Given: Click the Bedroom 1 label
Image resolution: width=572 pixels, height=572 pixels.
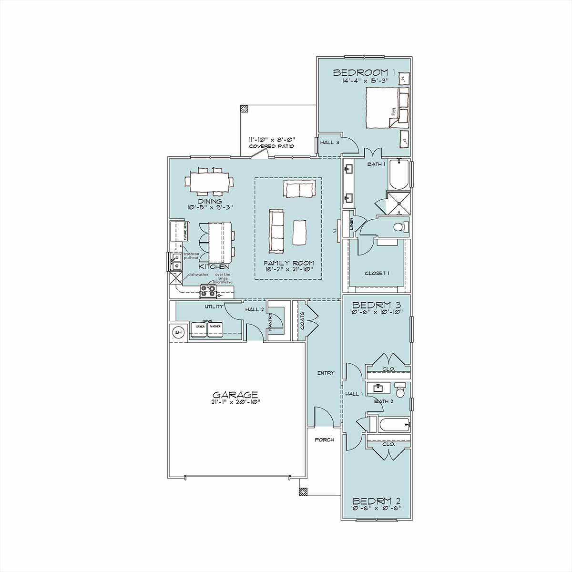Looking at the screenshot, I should tap(365, 72).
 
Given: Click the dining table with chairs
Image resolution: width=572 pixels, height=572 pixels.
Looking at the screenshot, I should tap(210, 181).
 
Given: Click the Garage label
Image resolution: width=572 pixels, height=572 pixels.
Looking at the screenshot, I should tap(235, 395).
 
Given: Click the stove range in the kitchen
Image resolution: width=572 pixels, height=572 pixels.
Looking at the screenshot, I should tap(208, 290).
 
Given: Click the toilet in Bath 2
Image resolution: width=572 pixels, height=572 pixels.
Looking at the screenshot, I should tap(400, 391).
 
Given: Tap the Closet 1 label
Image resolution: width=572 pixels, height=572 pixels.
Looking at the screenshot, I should tap(377, 273).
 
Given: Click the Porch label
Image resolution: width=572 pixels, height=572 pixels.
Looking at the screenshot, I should tap(324, 439).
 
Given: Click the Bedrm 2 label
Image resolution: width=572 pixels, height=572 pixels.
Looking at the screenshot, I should tap(377, 501).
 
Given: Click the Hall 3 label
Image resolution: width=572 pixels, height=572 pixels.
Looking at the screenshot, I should tap(329, 142).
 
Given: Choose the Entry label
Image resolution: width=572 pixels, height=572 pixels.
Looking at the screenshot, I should tap(326, 373).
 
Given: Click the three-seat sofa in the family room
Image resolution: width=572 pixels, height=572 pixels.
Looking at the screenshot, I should tap(276, 231).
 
